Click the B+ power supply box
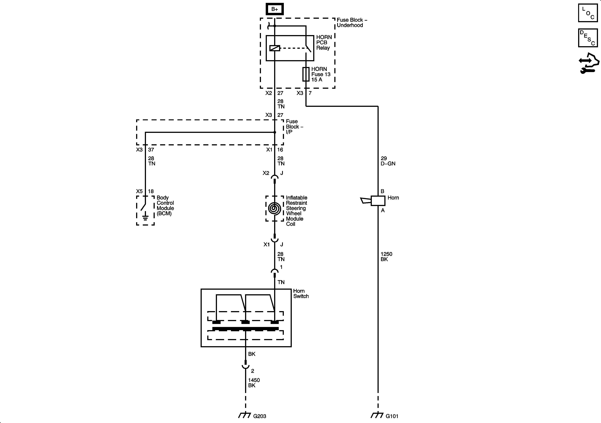(x=275, y=9)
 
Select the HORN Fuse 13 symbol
(x=306, y=74)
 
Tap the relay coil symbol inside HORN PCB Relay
(x=275, y=48)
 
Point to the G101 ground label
(x=392, y=416)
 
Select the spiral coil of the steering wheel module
(x=274, y=209)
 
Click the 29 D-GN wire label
(x=388, y=161)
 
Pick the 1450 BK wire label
(x=254, y=383)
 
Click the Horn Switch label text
(x=301, y=293)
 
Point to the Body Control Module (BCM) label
(x=165, y=206)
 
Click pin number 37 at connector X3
(x=151, y=150)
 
